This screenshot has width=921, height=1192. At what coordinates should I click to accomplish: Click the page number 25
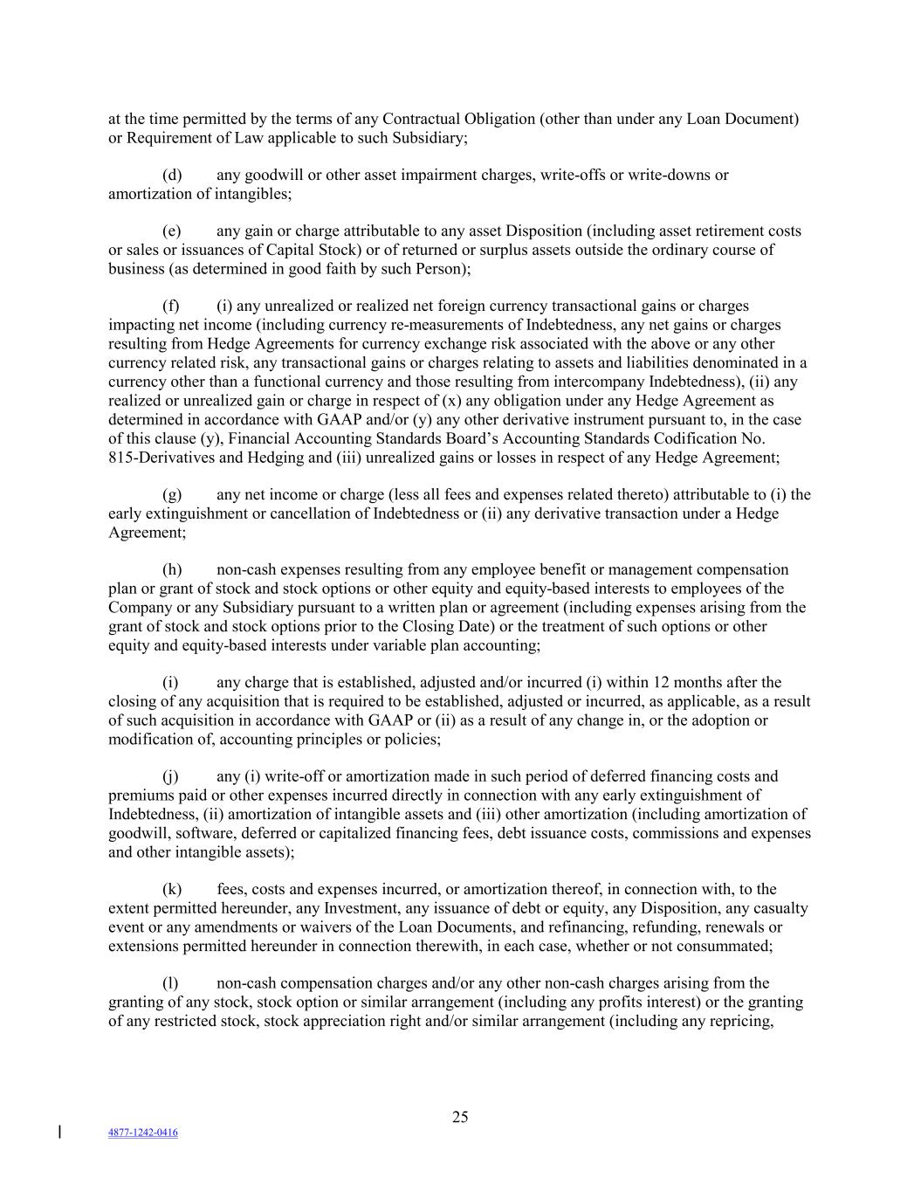pyautogui.click(x=460, y=1116)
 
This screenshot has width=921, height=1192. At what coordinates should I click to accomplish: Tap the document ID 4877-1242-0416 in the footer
pyautogui.click(x=143, y=1133)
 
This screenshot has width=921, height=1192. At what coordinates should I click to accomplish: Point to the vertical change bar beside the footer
pyautogui.click(x=59, y=1132)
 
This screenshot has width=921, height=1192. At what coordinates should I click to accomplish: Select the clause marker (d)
pyautogui.click(x=172, y=175)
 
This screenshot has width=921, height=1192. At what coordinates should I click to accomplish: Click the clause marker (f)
pyautogui.click(x=171, y=306)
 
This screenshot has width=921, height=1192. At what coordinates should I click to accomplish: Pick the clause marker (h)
pyautogui.click(x=172, y=569)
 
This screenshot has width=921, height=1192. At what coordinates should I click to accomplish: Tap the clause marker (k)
pyautogui.click(x=172, y=889)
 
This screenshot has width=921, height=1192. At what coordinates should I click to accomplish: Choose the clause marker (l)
pyautogui.click(x=171, y=982)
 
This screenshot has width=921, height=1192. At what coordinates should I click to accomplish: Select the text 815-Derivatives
pyautogui.click(x=155, y=457)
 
